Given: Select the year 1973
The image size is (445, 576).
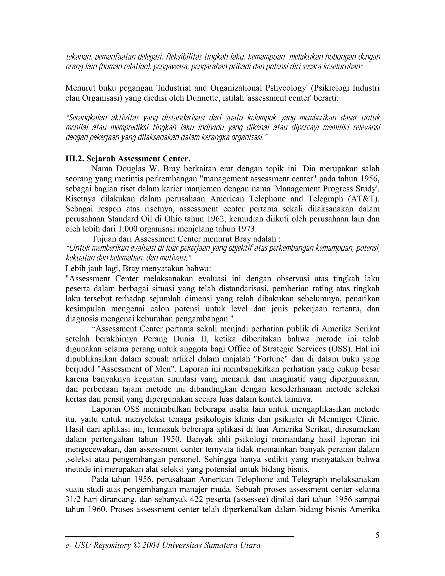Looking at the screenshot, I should pos(247,229).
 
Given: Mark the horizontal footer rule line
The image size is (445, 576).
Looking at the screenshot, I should pos(179,536).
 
